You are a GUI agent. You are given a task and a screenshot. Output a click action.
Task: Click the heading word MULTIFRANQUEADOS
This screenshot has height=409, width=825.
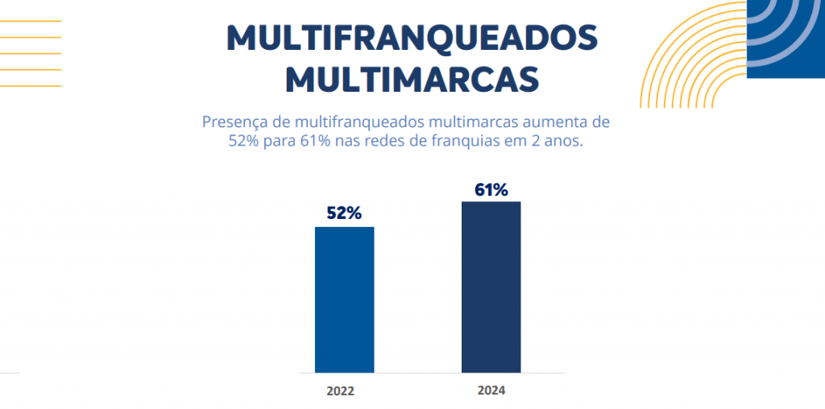click(412, 39)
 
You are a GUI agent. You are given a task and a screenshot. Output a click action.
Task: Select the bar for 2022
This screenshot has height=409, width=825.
click(344, 300)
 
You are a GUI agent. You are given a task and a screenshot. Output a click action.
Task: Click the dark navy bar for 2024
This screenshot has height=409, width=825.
click(491, 287)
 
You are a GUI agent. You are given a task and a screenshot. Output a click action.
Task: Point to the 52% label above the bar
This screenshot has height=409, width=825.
click(344, 213)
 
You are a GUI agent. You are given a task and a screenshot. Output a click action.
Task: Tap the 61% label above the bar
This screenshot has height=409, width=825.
click(491, 190)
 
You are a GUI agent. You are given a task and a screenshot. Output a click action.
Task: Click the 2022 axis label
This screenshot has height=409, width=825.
click(340, 392)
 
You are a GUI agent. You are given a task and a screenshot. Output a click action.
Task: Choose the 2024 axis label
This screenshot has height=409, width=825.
click(491, 391)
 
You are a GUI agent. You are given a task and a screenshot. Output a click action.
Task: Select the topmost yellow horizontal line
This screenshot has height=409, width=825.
click(31, 21)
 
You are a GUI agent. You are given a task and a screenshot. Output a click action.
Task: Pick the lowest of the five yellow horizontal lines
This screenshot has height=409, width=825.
click(31, 85)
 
